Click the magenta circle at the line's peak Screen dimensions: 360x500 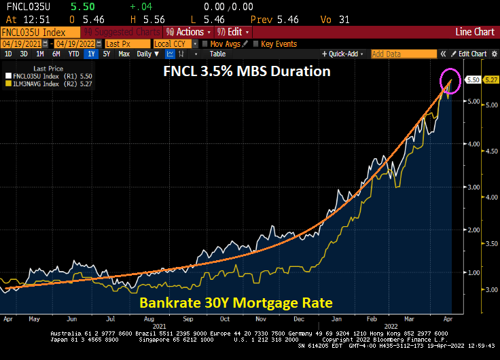click(450, 80)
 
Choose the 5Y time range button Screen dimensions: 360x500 click(106, 54)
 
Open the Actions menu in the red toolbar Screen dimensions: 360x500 click(188, 32)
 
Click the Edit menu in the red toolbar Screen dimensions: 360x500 click(234, 32)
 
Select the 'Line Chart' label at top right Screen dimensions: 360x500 click(474, 32)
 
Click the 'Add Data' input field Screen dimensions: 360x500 click(403, 54)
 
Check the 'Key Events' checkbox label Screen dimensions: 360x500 click(279, 43)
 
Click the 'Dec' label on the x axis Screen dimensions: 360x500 click(298, 318)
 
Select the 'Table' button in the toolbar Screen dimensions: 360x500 click(217, 54)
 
